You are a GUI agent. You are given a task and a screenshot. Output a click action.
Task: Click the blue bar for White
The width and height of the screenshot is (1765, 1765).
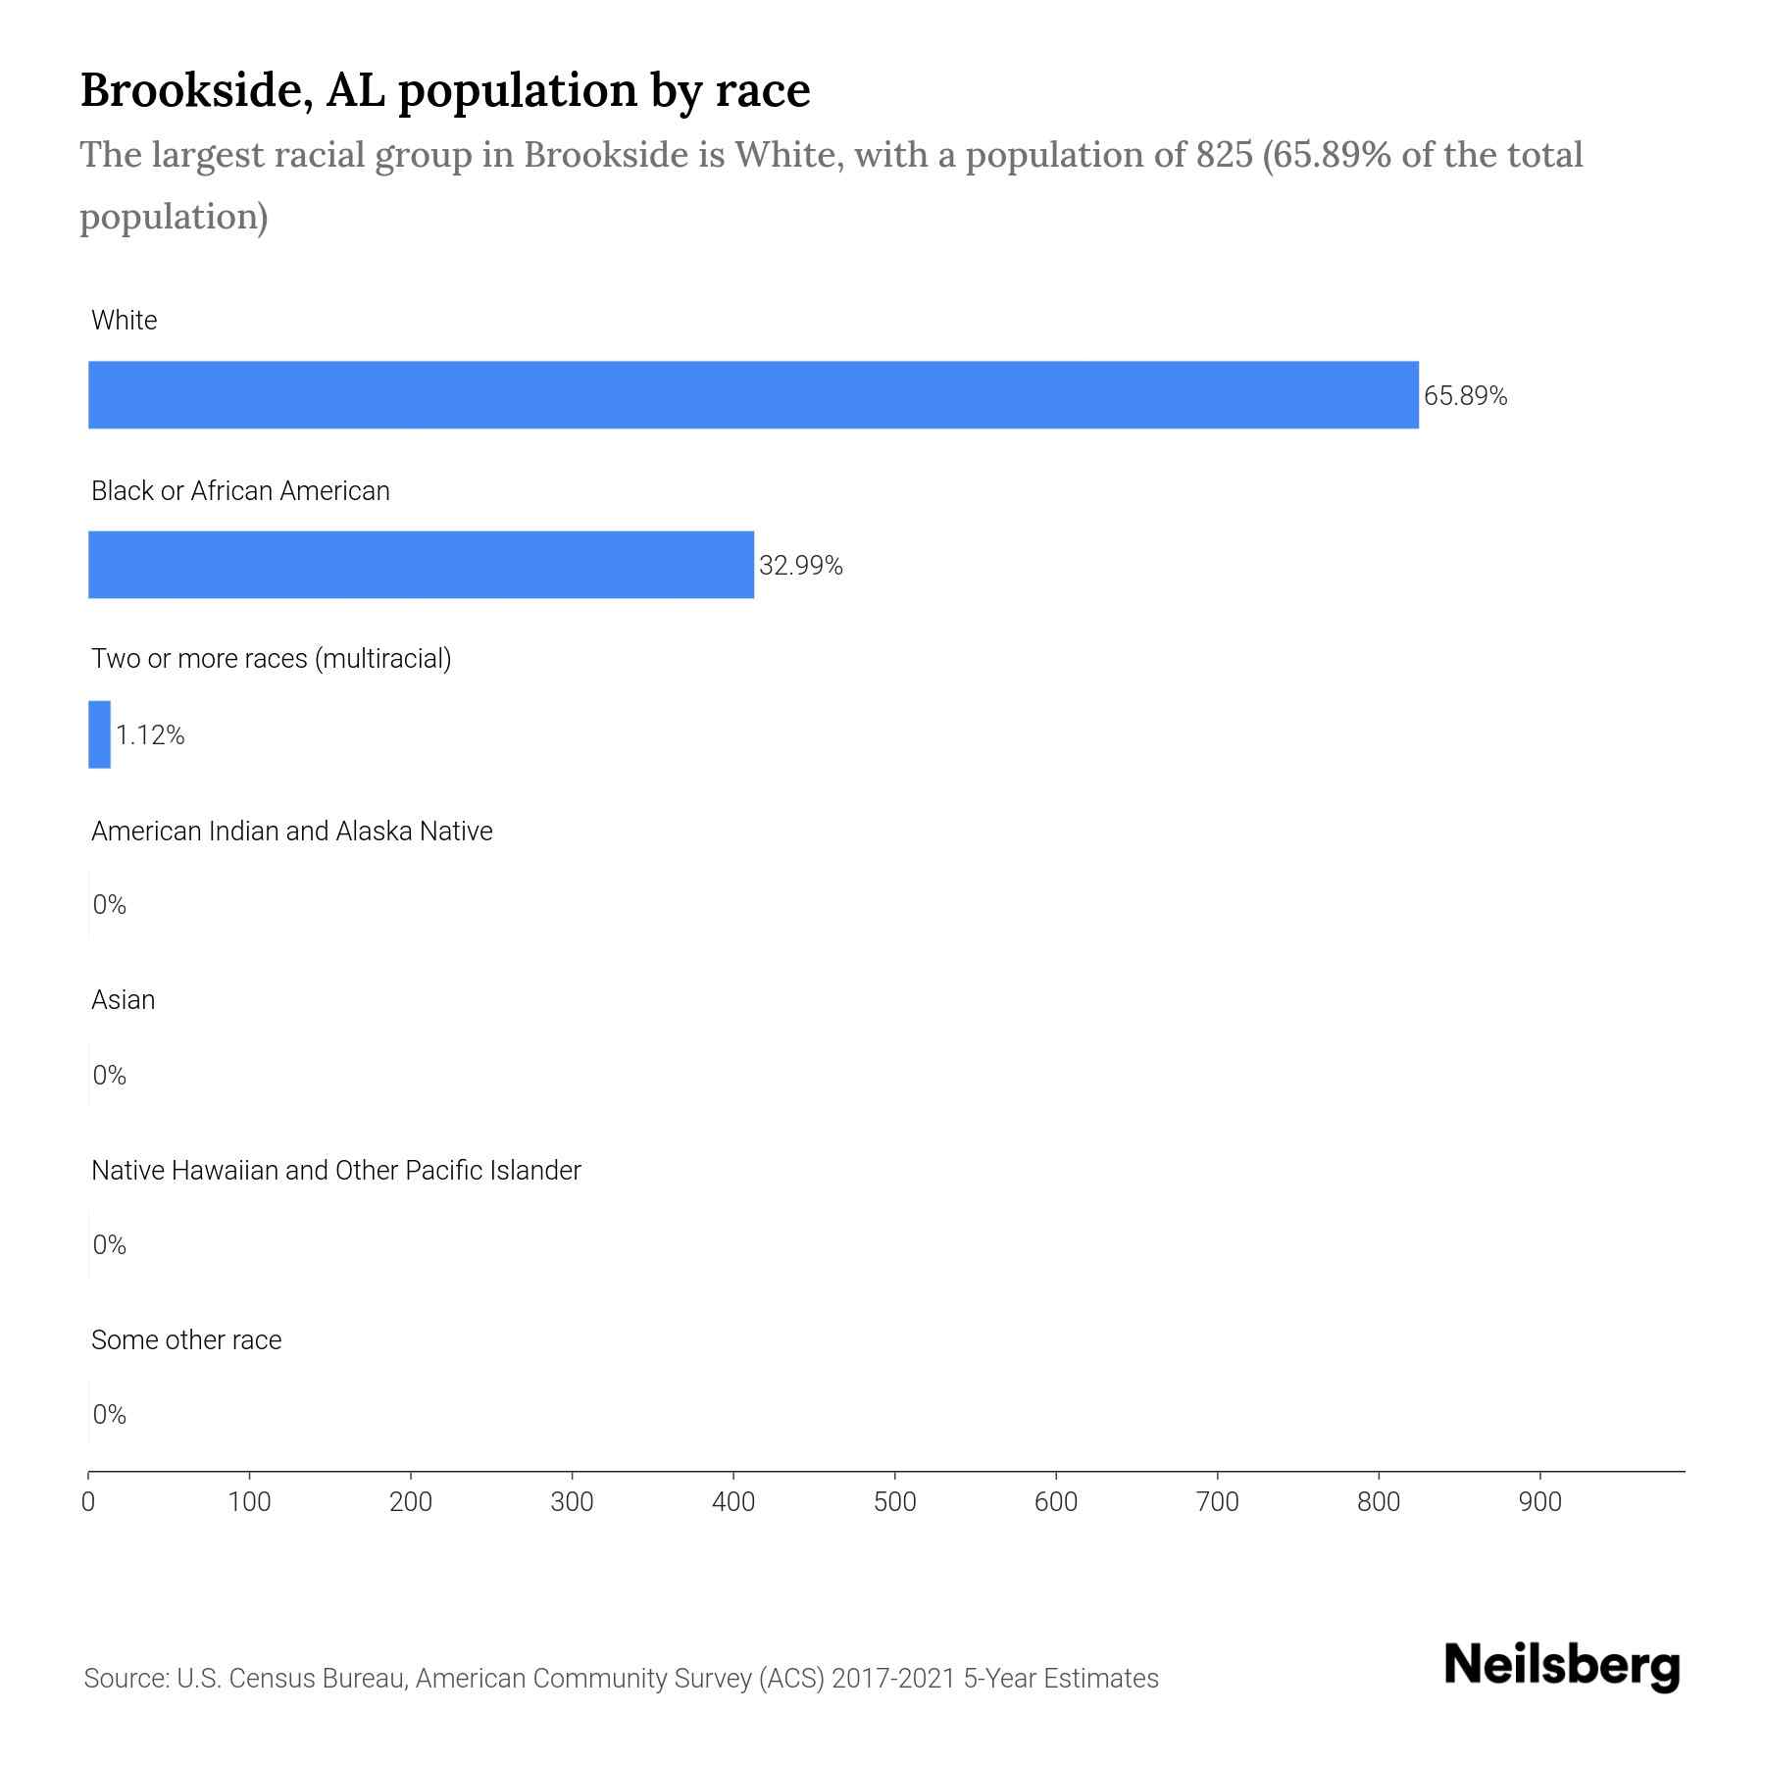[x=753, y=394]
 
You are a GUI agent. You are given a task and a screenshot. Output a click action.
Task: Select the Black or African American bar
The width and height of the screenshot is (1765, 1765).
[x=421, y=565]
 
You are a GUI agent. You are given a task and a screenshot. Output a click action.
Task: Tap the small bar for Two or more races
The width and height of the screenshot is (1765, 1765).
[x=99, y=734]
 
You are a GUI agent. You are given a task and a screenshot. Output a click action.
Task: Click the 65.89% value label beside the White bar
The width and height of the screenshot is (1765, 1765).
[x=1465, y=396]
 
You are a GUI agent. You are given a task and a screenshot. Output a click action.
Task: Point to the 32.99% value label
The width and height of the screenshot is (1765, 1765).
[x=800, y=566]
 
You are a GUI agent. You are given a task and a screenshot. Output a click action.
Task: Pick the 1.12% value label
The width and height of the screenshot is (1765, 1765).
[x=150, y=735]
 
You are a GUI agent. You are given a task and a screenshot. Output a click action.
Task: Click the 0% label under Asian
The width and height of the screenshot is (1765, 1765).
[x=109, y=1076]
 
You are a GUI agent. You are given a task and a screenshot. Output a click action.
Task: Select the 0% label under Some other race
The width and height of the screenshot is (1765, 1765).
[x=109, y=1414]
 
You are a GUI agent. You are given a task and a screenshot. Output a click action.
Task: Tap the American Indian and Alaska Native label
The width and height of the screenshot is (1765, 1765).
[x=291, y=832]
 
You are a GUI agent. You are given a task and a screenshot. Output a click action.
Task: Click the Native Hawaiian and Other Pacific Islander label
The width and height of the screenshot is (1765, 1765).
[x=335, y=1171]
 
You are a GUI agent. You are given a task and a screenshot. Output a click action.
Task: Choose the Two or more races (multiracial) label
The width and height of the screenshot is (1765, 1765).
[x=271, y=659]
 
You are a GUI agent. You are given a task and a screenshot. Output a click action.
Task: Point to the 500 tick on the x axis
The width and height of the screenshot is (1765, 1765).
[x=894, y=1502]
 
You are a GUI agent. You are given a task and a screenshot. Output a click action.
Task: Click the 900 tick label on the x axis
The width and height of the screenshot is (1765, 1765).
[x=1539, y=1502]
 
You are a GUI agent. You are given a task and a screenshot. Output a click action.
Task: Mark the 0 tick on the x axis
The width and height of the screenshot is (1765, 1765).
[x=88, y=1502]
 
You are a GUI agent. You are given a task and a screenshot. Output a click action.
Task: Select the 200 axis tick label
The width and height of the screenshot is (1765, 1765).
[x=410, y=1502]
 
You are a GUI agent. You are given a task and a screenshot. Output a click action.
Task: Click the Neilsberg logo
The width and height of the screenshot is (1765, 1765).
[x=1562, y=1666]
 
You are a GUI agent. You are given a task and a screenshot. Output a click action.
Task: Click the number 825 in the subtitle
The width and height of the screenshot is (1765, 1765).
[x=1224, y=155]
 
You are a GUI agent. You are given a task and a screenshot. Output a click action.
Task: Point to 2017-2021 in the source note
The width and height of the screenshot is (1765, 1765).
[x=892, y=1679]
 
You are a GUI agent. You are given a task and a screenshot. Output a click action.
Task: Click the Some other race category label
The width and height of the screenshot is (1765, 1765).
[x=186, y=1340]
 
